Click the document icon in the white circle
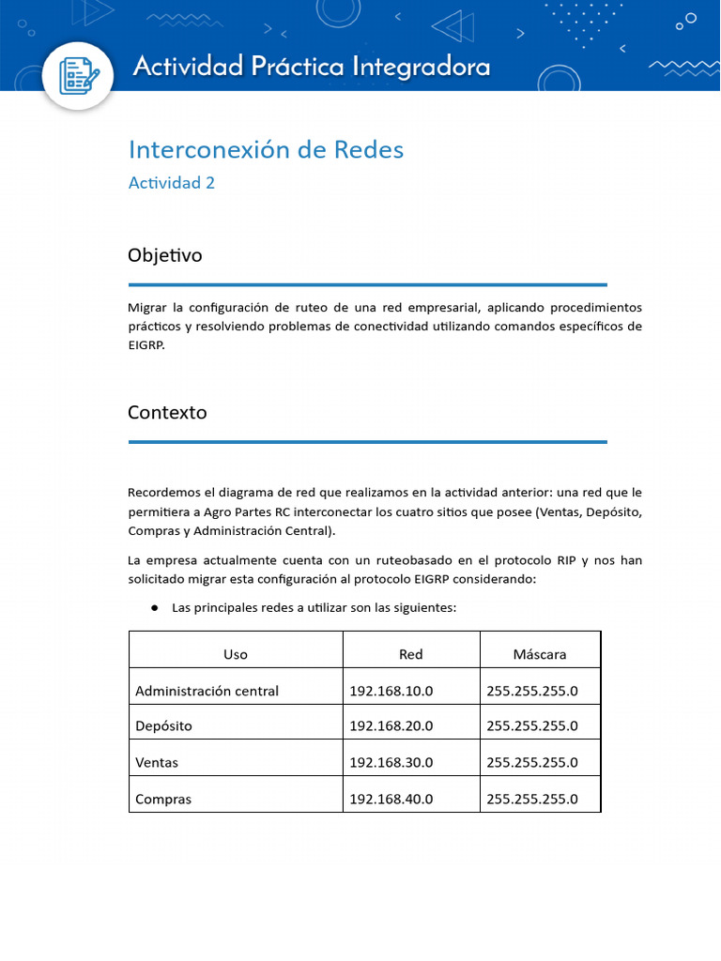79,76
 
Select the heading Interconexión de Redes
266,149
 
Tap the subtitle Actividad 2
171,183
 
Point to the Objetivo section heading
164,255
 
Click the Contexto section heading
167,413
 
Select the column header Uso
236,654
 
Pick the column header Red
410,654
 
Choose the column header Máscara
539,654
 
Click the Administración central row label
207,692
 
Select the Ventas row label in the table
157,762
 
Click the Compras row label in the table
163,800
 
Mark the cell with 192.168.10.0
391,692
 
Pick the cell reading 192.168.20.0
391,725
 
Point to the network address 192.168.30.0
391,762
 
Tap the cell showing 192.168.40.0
391,800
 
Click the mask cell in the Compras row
531,800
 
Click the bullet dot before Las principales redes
154,608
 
